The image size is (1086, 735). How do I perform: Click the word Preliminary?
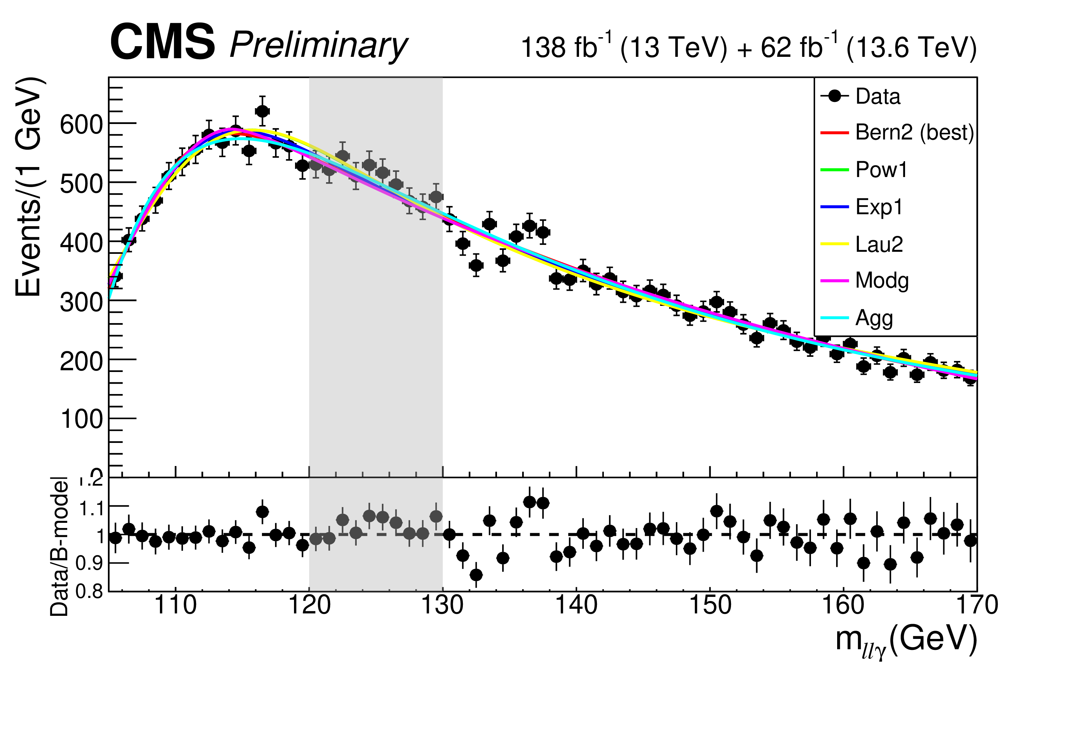319,46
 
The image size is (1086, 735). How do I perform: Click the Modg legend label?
882,281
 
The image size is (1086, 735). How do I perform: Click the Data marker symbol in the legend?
834,96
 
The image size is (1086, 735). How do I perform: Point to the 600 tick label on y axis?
81,125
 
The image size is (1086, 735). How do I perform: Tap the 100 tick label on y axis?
81,419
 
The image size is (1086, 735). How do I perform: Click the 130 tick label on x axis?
443,605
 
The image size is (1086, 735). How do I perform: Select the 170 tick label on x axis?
977,605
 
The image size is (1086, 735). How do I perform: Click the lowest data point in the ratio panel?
476,574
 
